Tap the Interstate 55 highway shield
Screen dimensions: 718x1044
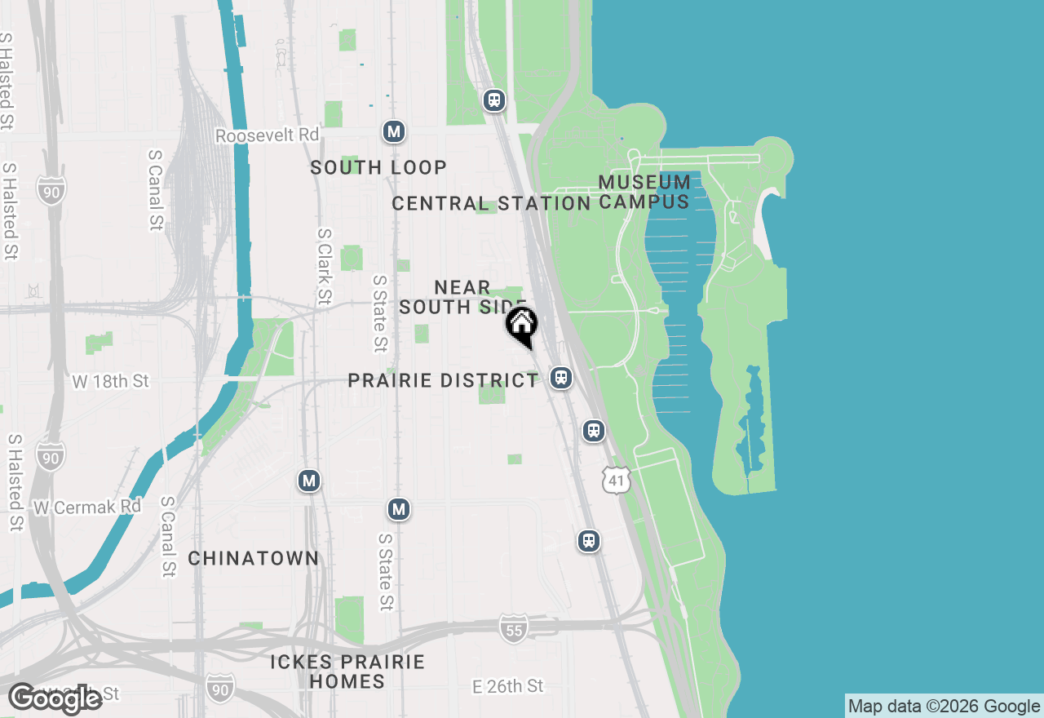(512, 628)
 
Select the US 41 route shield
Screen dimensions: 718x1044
(617, 481)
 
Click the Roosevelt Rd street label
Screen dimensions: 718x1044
(267, 135)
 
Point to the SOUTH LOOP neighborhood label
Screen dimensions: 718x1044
(378, 167)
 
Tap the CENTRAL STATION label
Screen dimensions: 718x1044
(491, 203)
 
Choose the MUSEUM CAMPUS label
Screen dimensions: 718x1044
(644, 192)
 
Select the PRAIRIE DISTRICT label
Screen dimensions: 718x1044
(443, 381)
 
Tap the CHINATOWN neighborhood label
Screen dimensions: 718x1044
(254, 558)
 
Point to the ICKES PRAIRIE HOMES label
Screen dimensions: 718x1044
(347, 671)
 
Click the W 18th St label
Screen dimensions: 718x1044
(111, 381)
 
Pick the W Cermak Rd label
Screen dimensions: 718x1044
(87, 507)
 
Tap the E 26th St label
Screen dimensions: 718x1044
(507, 686)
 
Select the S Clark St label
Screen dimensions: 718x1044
(325, 265)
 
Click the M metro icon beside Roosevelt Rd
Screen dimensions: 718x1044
(395, 131)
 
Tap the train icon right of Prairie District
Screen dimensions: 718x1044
(560, 377)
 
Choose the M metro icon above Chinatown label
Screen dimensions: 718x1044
(308, 481)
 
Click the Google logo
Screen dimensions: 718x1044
(55, 698)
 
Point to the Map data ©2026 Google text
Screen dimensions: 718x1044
(944, 707)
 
